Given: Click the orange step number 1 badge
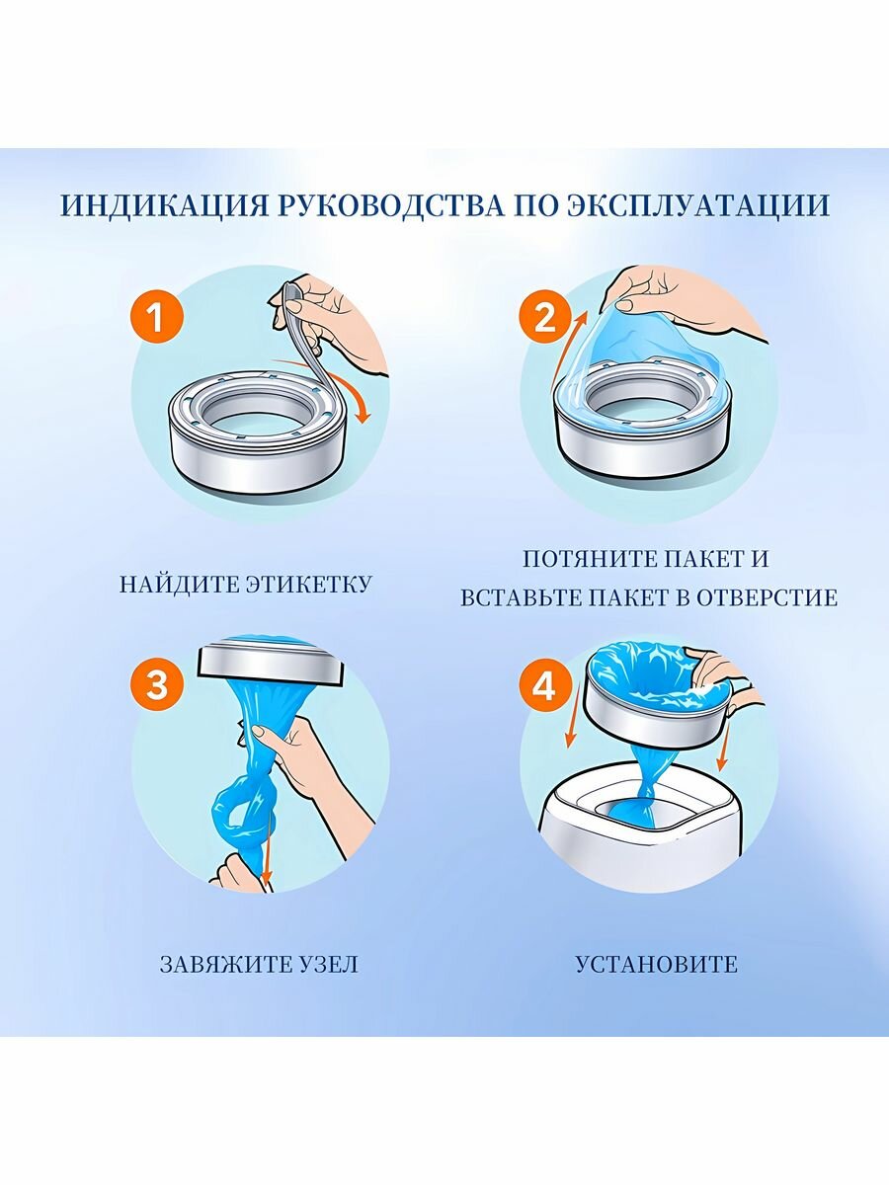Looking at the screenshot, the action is pos(157,317).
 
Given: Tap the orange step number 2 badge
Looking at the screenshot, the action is pos(545,317).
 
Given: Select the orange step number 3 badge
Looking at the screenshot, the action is pos(157,687).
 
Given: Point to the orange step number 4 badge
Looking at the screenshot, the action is pos(545,687).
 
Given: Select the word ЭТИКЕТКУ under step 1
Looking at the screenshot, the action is pos(309,585).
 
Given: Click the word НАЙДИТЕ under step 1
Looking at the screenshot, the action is pos(179,585).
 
